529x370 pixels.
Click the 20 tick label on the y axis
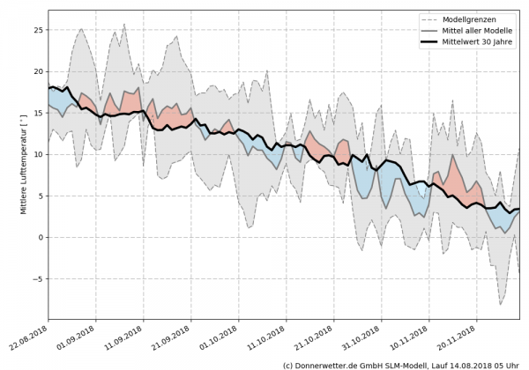(x=37, y=71)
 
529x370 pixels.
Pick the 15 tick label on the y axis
(x=37, y=113)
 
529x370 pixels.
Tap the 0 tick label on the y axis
(x=40, y=237)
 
